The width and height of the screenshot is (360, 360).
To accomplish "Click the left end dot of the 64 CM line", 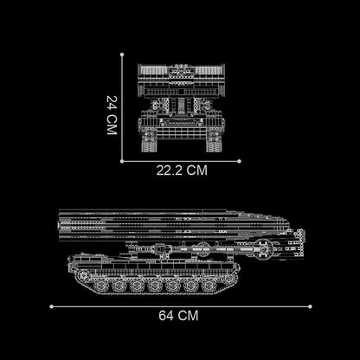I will click(x=51, y=305).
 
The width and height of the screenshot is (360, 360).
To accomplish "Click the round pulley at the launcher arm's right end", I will click(x=277, y=252).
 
